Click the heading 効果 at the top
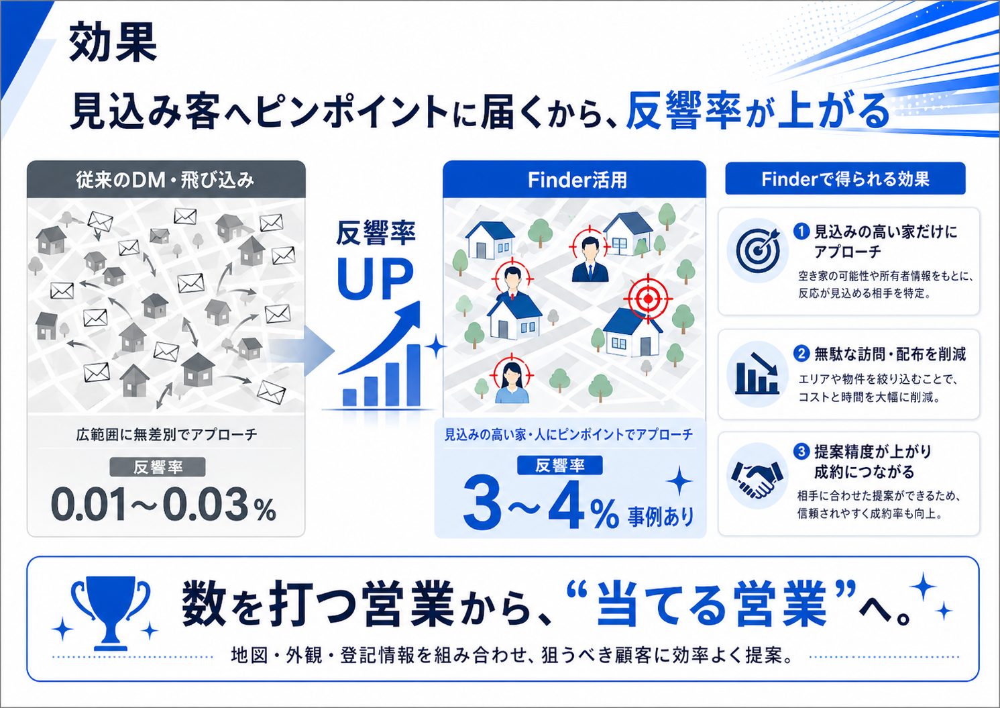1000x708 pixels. [113, 42]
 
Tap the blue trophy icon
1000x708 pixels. [111, 612]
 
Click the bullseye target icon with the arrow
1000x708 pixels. [758, 250]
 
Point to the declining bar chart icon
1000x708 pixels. [757, 373]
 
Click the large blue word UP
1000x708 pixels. [375, 279]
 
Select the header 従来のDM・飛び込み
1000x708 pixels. [166, 180]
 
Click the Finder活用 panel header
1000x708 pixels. [577, 180]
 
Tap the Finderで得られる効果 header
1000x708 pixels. [845, 179]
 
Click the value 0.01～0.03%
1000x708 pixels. [164, 505]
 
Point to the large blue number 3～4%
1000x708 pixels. [540, 504]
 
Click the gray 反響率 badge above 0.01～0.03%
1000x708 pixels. [158, 467]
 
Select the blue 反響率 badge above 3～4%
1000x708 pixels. [560, 466]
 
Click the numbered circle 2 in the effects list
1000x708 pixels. [801, 354]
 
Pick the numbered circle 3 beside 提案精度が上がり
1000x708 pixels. [801, 452]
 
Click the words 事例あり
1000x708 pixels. [661, 517]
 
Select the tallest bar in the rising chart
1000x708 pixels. [414, 374]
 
